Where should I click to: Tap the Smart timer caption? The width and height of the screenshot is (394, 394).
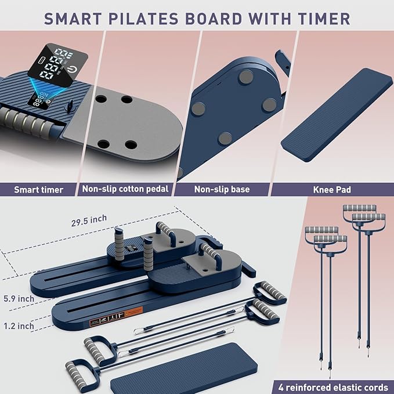(x=39, y=189)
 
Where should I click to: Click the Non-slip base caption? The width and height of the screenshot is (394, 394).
(x=223, y=189)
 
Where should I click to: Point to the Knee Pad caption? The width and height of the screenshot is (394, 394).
(x=331, y=189)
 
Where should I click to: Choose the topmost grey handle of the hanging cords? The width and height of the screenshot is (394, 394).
(x=359, y=208)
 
